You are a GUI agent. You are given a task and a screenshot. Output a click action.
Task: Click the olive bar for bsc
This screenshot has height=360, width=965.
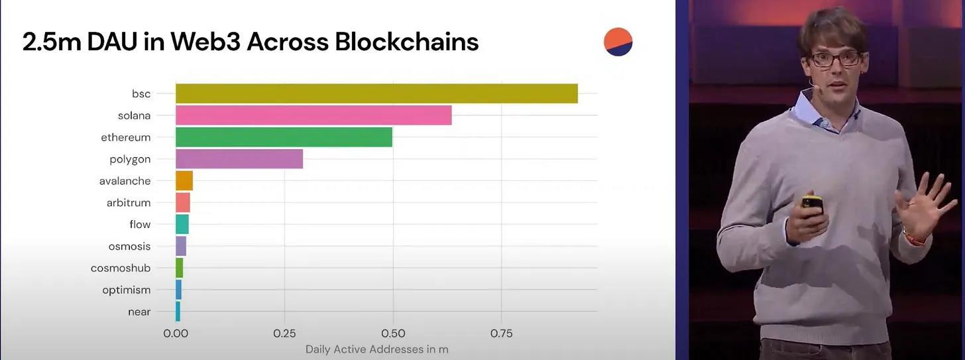click(x=376, y=93)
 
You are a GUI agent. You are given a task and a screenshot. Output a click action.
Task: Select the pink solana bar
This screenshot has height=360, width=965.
click(x=313, y=115)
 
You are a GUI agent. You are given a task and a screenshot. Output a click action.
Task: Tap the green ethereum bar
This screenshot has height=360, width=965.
click(x=284, y=137)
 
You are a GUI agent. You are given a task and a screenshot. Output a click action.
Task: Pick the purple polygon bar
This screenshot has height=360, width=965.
click(x=239, y=159)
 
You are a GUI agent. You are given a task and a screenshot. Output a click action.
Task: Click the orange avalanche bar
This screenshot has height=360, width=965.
click(x=184, y=181)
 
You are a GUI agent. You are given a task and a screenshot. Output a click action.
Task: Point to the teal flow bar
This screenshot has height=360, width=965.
click(x=182, y=224)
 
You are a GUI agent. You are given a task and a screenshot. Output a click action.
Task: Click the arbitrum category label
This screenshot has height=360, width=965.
click(x=129, y=203)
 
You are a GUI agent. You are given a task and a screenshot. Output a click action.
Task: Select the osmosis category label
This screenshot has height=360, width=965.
click(x=129, y=246)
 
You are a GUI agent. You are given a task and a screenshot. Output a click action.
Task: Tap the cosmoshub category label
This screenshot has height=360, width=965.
click(x=121, y=268)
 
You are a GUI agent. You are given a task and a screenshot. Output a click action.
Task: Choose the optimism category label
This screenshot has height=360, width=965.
click(x=126, y=290)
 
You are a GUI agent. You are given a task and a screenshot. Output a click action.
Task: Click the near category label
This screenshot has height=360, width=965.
click(x=139, y=312)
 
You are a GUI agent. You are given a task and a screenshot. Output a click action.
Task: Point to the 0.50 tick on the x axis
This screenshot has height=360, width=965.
click(x=393, y=333)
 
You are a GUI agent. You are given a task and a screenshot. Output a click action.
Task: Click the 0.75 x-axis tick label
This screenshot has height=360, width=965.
click(x=501, y=333)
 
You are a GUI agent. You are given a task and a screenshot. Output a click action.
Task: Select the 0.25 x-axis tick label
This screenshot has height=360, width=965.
click(x=284, y=333)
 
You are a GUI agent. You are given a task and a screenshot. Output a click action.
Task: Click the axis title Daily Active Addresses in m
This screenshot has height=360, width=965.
click(x=376, y=349)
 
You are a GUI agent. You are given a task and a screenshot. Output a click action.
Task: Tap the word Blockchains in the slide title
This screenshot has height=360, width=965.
click(x=406, y=42)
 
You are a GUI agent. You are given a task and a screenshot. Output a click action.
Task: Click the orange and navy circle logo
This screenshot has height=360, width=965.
click(x=618, y=42)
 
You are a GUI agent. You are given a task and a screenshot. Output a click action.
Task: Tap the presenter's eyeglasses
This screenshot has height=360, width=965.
click(x=835, y=59)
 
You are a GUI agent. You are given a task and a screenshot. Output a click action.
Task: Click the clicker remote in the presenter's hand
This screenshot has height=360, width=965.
click(x=812, y=205)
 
